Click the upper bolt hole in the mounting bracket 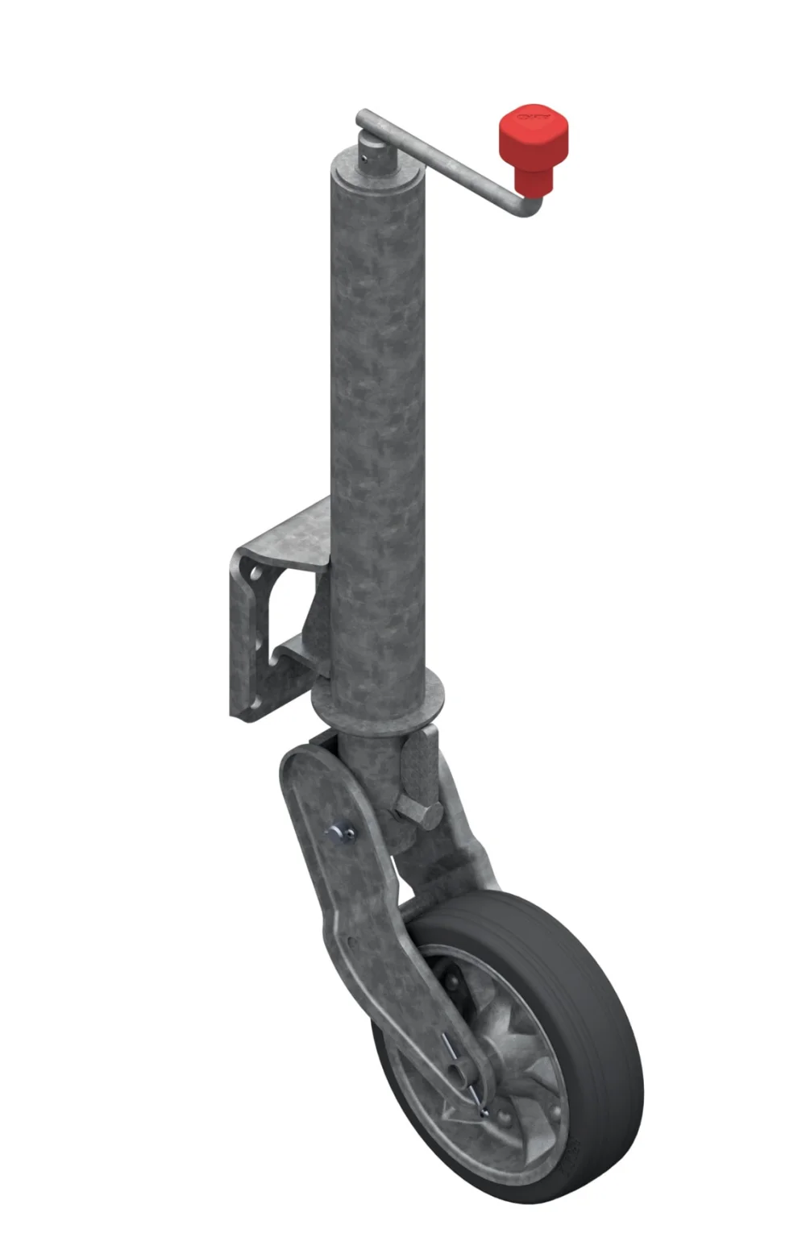[x=256, y=575]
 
